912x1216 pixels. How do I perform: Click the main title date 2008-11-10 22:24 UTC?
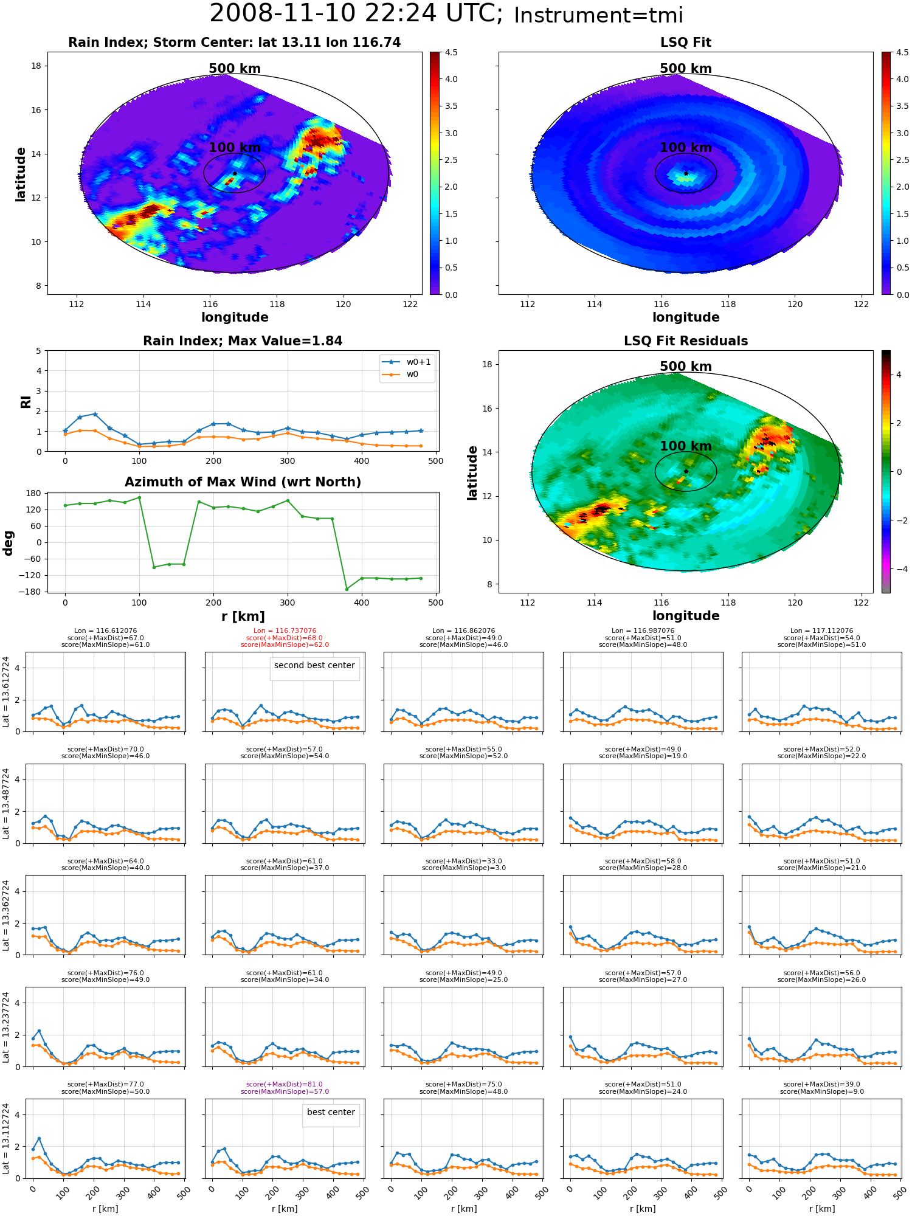tap(356, 13)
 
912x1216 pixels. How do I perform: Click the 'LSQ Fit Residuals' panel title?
tap(686, 341)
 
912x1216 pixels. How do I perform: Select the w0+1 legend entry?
tap(407, 362)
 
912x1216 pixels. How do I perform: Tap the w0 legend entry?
tap(401, 374)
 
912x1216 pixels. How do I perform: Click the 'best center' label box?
tap(331, 1112)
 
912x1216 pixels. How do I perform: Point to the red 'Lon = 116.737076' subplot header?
tap(285, 631)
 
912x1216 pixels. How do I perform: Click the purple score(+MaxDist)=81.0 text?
tap(285, 1084)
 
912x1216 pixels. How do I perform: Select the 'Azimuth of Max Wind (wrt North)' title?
tap(243, 482)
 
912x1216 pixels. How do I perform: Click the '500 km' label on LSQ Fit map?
tap(686, 69)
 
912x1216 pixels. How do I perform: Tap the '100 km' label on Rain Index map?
tap(235, 148)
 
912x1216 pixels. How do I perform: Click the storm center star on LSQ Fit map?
tap(686, 173)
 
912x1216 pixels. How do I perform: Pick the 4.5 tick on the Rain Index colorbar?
tap(451, 52)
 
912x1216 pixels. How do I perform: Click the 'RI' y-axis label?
tap(26, 401)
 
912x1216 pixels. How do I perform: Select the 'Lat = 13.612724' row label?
tap(6, 691)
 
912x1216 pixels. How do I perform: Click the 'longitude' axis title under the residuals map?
tap(686, 616)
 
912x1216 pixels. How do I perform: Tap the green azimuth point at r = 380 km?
tap(347, 589)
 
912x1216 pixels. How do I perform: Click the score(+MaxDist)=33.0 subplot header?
tap(464, 861)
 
